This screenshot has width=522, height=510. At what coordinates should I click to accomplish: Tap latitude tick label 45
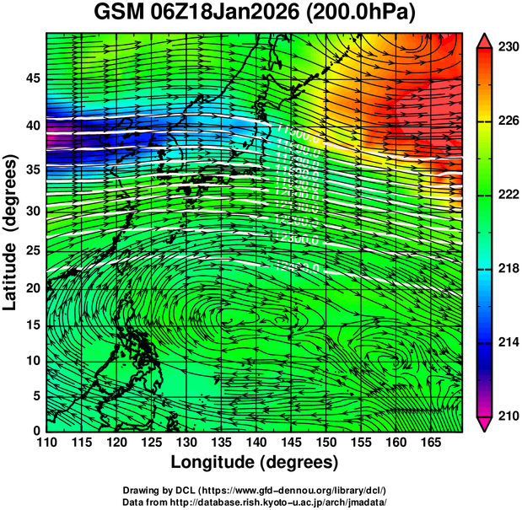click(30, 78)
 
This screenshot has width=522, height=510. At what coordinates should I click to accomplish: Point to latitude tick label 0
click(35, 430)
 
